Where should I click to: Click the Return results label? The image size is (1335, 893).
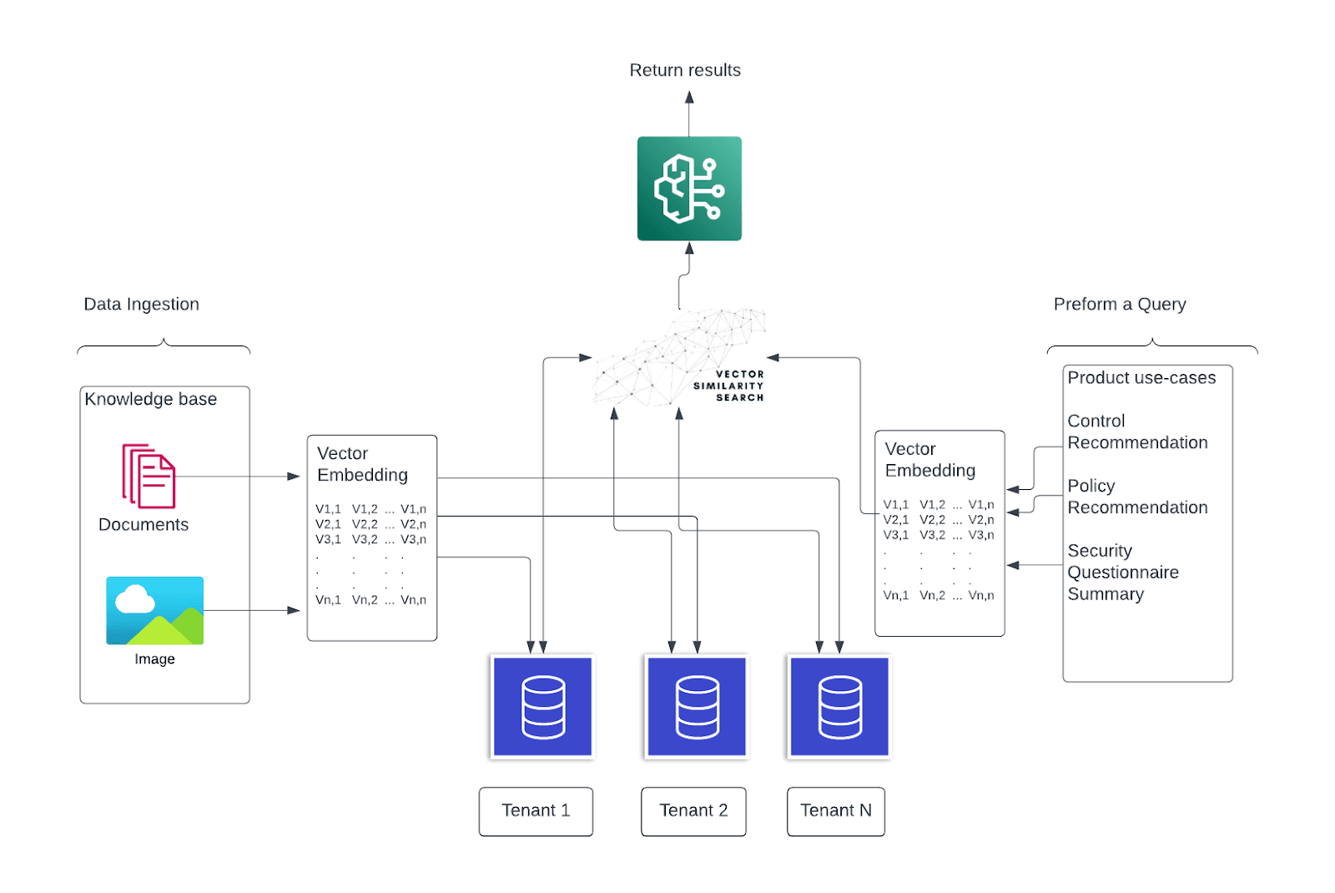(x=685, y=70)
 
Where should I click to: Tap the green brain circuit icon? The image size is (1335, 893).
(x=689, y=189)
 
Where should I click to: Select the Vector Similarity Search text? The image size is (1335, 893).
(x=728, y=386)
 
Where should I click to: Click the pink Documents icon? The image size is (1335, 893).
(x=149, y=476)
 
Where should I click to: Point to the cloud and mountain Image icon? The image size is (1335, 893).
(x=155, y=610)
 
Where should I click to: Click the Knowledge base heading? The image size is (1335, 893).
(x=151, y=399)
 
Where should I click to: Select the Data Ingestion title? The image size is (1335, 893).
(x=142, y=304)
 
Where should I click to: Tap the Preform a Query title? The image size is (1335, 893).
(x=1119, y=304)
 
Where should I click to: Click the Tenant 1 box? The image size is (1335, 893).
(x=536, y=810)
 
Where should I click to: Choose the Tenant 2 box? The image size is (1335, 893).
(x=693, y=810)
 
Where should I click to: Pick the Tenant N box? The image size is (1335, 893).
(x=835, y=810)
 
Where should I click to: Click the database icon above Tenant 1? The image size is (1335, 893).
(x=543, y=707)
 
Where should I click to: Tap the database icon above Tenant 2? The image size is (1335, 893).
(x=698, y=707)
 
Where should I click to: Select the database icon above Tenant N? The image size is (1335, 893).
(x=839, y=707)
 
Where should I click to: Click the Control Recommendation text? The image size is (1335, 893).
(x=1137, y=431)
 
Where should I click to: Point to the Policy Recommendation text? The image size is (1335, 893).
(x=1137, y=497)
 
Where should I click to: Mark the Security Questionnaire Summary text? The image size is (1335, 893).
(x=1123, y=573)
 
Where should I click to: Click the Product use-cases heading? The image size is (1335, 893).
(x=1141, y=377)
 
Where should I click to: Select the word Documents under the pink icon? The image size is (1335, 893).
(x=144, y=524)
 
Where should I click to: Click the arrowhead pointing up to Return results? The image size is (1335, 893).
(x=689, y=98)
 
